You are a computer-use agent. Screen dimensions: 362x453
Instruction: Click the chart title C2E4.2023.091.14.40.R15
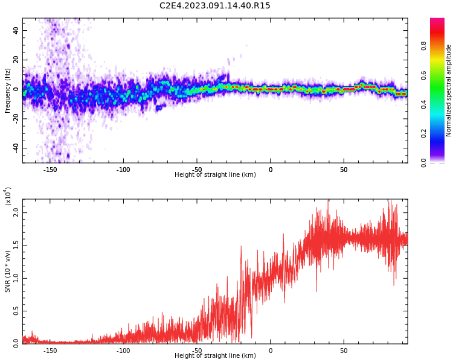[x=215, y=6]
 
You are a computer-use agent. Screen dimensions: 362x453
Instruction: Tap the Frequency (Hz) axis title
[x=8, y=91]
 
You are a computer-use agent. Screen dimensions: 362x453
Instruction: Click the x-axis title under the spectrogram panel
[x=215, y=175]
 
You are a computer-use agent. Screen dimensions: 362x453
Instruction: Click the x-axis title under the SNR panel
[x=215, y=356]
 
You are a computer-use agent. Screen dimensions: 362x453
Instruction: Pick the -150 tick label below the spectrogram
[x=50, y=170]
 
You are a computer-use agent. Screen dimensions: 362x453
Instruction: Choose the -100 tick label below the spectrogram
[x=123, y=170]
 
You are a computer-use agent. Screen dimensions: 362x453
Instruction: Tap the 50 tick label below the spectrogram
[x=344, y=170]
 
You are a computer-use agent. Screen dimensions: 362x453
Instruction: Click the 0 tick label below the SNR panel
[x=270, y=351]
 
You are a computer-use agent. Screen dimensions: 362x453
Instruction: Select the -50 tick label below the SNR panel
[x=197, y=351]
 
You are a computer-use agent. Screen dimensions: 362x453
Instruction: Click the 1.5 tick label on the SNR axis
[x=16, y=246]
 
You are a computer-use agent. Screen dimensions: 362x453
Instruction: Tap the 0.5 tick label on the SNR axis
[x=16, y=311]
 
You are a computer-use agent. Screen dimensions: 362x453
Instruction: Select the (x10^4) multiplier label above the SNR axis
[x=8, y=196]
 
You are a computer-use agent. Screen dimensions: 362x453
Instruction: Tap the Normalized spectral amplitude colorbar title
[x=449, y=91]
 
